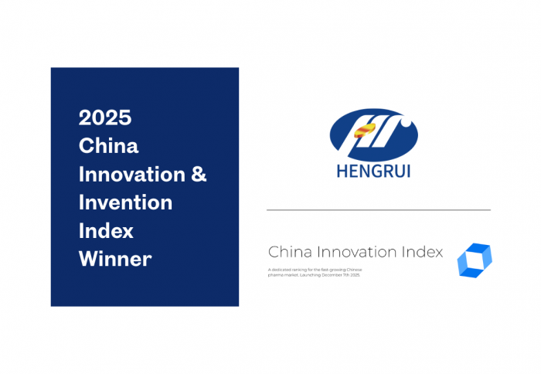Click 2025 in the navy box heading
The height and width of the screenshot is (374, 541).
click(105, 117)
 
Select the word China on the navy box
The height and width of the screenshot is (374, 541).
click(109, 145)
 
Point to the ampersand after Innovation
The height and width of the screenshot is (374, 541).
click(199, 174)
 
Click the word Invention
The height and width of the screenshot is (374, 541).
click(126, 202)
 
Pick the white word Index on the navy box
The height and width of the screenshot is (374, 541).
click(106, 230)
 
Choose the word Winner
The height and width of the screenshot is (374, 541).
click(115, 259)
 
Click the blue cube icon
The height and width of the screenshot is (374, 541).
click(474, 260)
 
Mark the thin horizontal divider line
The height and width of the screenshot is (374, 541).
click(379, 209)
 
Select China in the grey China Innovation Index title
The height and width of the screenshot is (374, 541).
click(286, 252)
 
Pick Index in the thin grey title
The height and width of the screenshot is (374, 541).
click(422, 252)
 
